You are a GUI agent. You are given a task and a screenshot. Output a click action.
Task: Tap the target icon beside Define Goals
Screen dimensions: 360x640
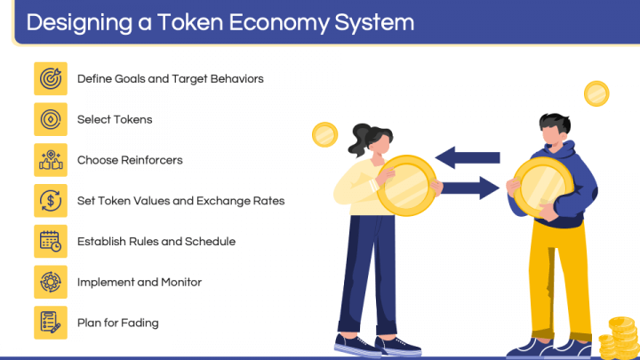(51, 78)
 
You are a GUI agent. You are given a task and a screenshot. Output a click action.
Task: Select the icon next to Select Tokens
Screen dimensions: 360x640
(51, 119)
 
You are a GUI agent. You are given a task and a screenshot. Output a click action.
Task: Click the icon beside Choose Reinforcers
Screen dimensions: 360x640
(51, 160)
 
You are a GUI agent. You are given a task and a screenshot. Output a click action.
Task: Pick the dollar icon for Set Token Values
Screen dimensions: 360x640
(51, 201)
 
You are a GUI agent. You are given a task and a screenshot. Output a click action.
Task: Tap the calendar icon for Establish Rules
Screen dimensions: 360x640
(51, 241)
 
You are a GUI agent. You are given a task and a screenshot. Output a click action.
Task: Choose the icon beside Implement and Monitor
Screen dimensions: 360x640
(51, 282)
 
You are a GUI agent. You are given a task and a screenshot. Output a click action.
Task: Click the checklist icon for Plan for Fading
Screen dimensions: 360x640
(51, 323)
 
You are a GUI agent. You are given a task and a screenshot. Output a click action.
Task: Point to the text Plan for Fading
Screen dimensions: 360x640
(117, 323)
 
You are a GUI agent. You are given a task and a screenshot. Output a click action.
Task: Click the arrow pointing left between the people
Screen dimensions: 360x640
(468, 157)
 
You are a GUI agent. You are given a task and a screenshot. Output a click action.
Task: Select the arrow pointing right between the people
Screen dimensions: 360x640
(469, 187)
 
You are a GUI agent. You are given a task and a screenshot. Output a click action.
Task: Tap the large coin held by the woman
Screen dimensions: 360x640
(406, 185)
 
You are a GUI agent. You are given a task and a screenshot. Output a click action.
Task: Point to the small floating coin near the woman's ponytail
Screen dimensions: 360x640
(325, 135)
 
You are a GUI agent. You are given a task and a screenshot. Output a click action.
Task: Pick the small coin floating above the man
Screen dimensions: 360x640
(596, 92)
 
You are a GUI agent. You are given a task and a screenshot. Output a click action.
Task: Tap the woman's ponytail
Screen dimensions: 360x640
(361, 139)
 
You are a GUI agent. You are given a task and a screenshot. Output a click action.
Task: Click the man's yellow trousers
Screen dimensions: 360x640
(559, 276)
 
